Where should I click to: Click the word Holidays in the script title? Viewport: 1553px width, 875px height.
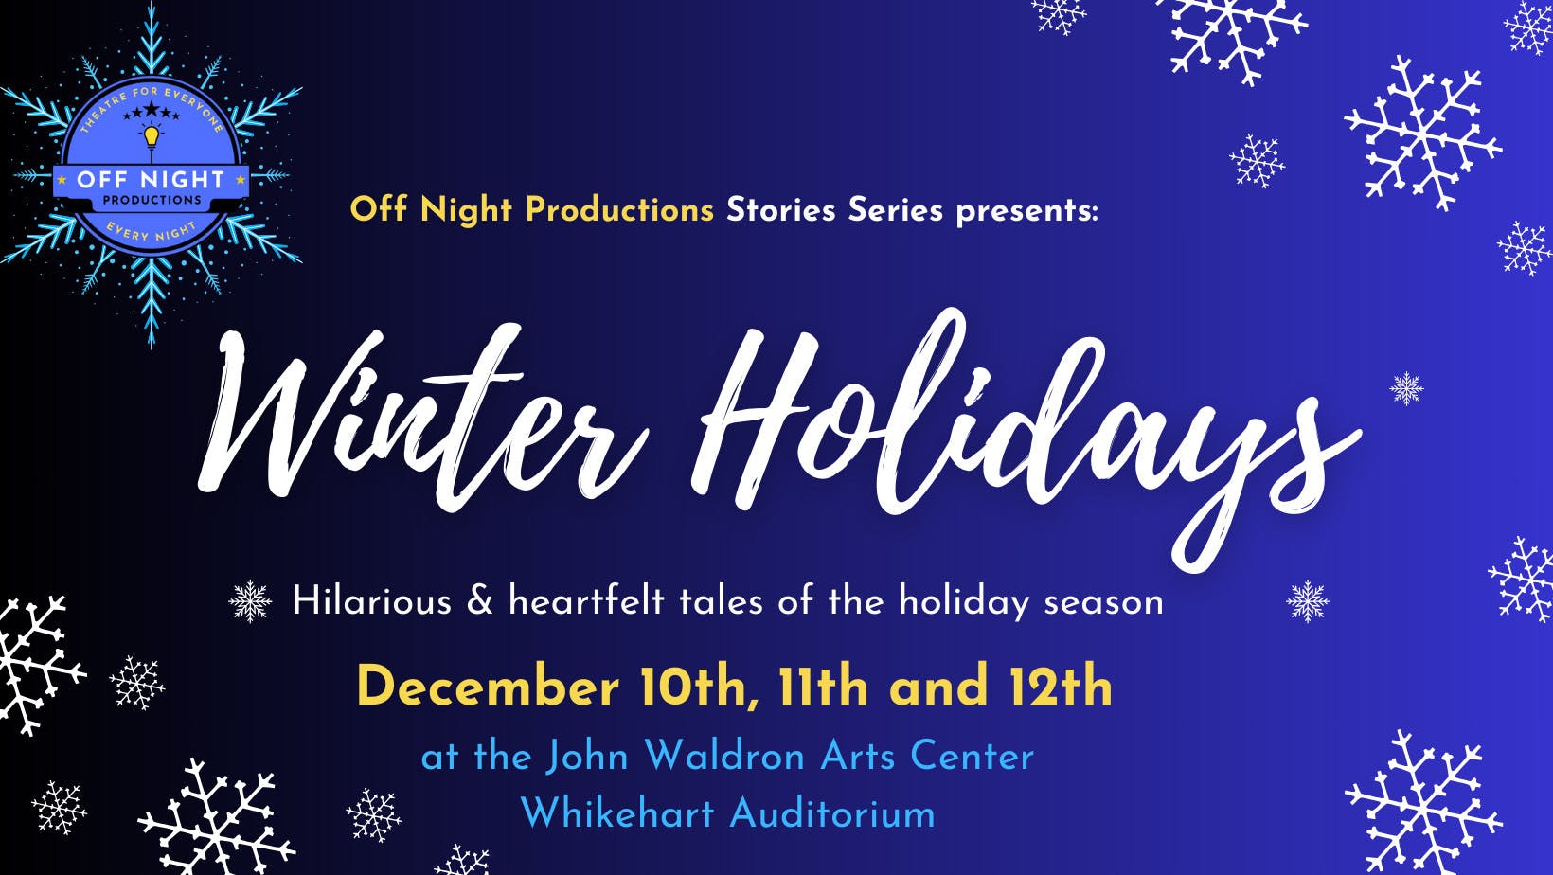tap(1026, 437)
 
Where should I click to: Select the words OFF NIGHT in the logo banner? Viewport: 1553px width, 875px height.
tap(152, 180)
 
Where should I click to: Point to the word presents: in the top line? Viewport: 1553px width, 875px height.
tap(1027, 211)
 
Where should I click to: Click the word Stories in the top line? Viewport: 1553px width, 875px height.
tap(780, 209)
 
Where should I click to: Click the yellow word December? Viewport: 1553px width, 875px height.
tap(488, 687)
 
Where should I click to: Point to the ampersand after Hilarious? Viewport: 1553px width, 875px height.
tap(480, 600)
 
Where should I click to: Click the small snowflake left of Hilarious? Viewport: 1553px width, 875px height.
tap(250, 600)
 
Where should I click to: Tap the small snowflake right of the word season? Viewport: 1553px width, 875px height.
tap(1308, 601)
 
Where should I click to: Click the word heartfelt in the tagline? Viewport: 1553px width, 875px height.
tap(586, 600)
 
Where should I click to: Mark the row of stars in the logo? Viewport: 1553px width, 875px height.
tap(152, 111)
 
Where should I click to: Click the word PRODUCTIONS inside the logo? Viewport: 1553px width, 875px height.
tap(152, 201)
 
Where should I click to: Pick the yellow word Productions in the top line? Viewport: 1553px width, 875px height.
tap(619, 209)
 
